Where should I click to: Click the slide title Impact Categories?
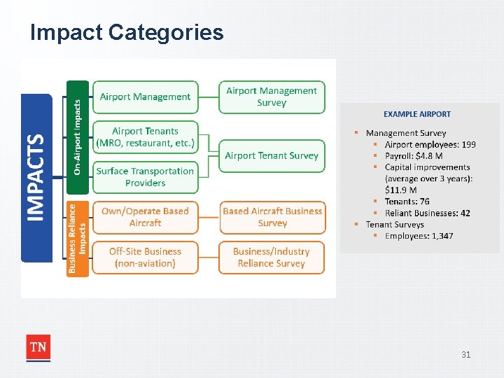click(x=127, y=32)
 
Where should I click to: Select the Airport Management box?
click(x=146, y=97)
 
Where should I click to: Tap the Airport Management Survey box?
click(x=272, y=97)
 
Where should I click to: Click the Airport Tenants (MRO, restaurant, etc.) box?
click(x=146, y=137)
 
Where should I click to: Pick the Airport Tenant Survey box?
click(x=272, y=156)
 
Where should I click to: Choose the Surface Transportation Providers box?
click(x=146, y=177)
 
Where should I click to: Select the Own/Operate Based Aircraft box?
click(x=146, y=217)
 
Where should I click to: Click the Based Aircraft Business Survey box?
click(x=272, y=217)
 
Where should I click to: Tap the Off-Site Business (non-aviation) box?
click(x=146, y=258)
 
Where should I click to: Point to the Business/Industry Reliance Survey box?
click(x=272, y=258)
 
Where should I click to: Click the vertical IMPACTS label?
click(x=38, y=177)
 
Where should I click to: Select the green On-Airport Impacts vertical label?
click(x=78, y=136)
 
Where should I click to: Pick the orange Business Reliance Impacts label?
click(x=78, y=239)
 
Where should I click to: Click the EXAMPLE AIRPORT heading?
click(x=417, y=114)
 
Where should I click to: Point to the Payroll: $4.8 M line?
click(x=414, y=156)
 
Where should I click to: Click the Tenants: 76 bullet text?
click(x=407, y=202)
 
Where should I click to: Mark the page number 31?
click(x=465, y=355)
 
